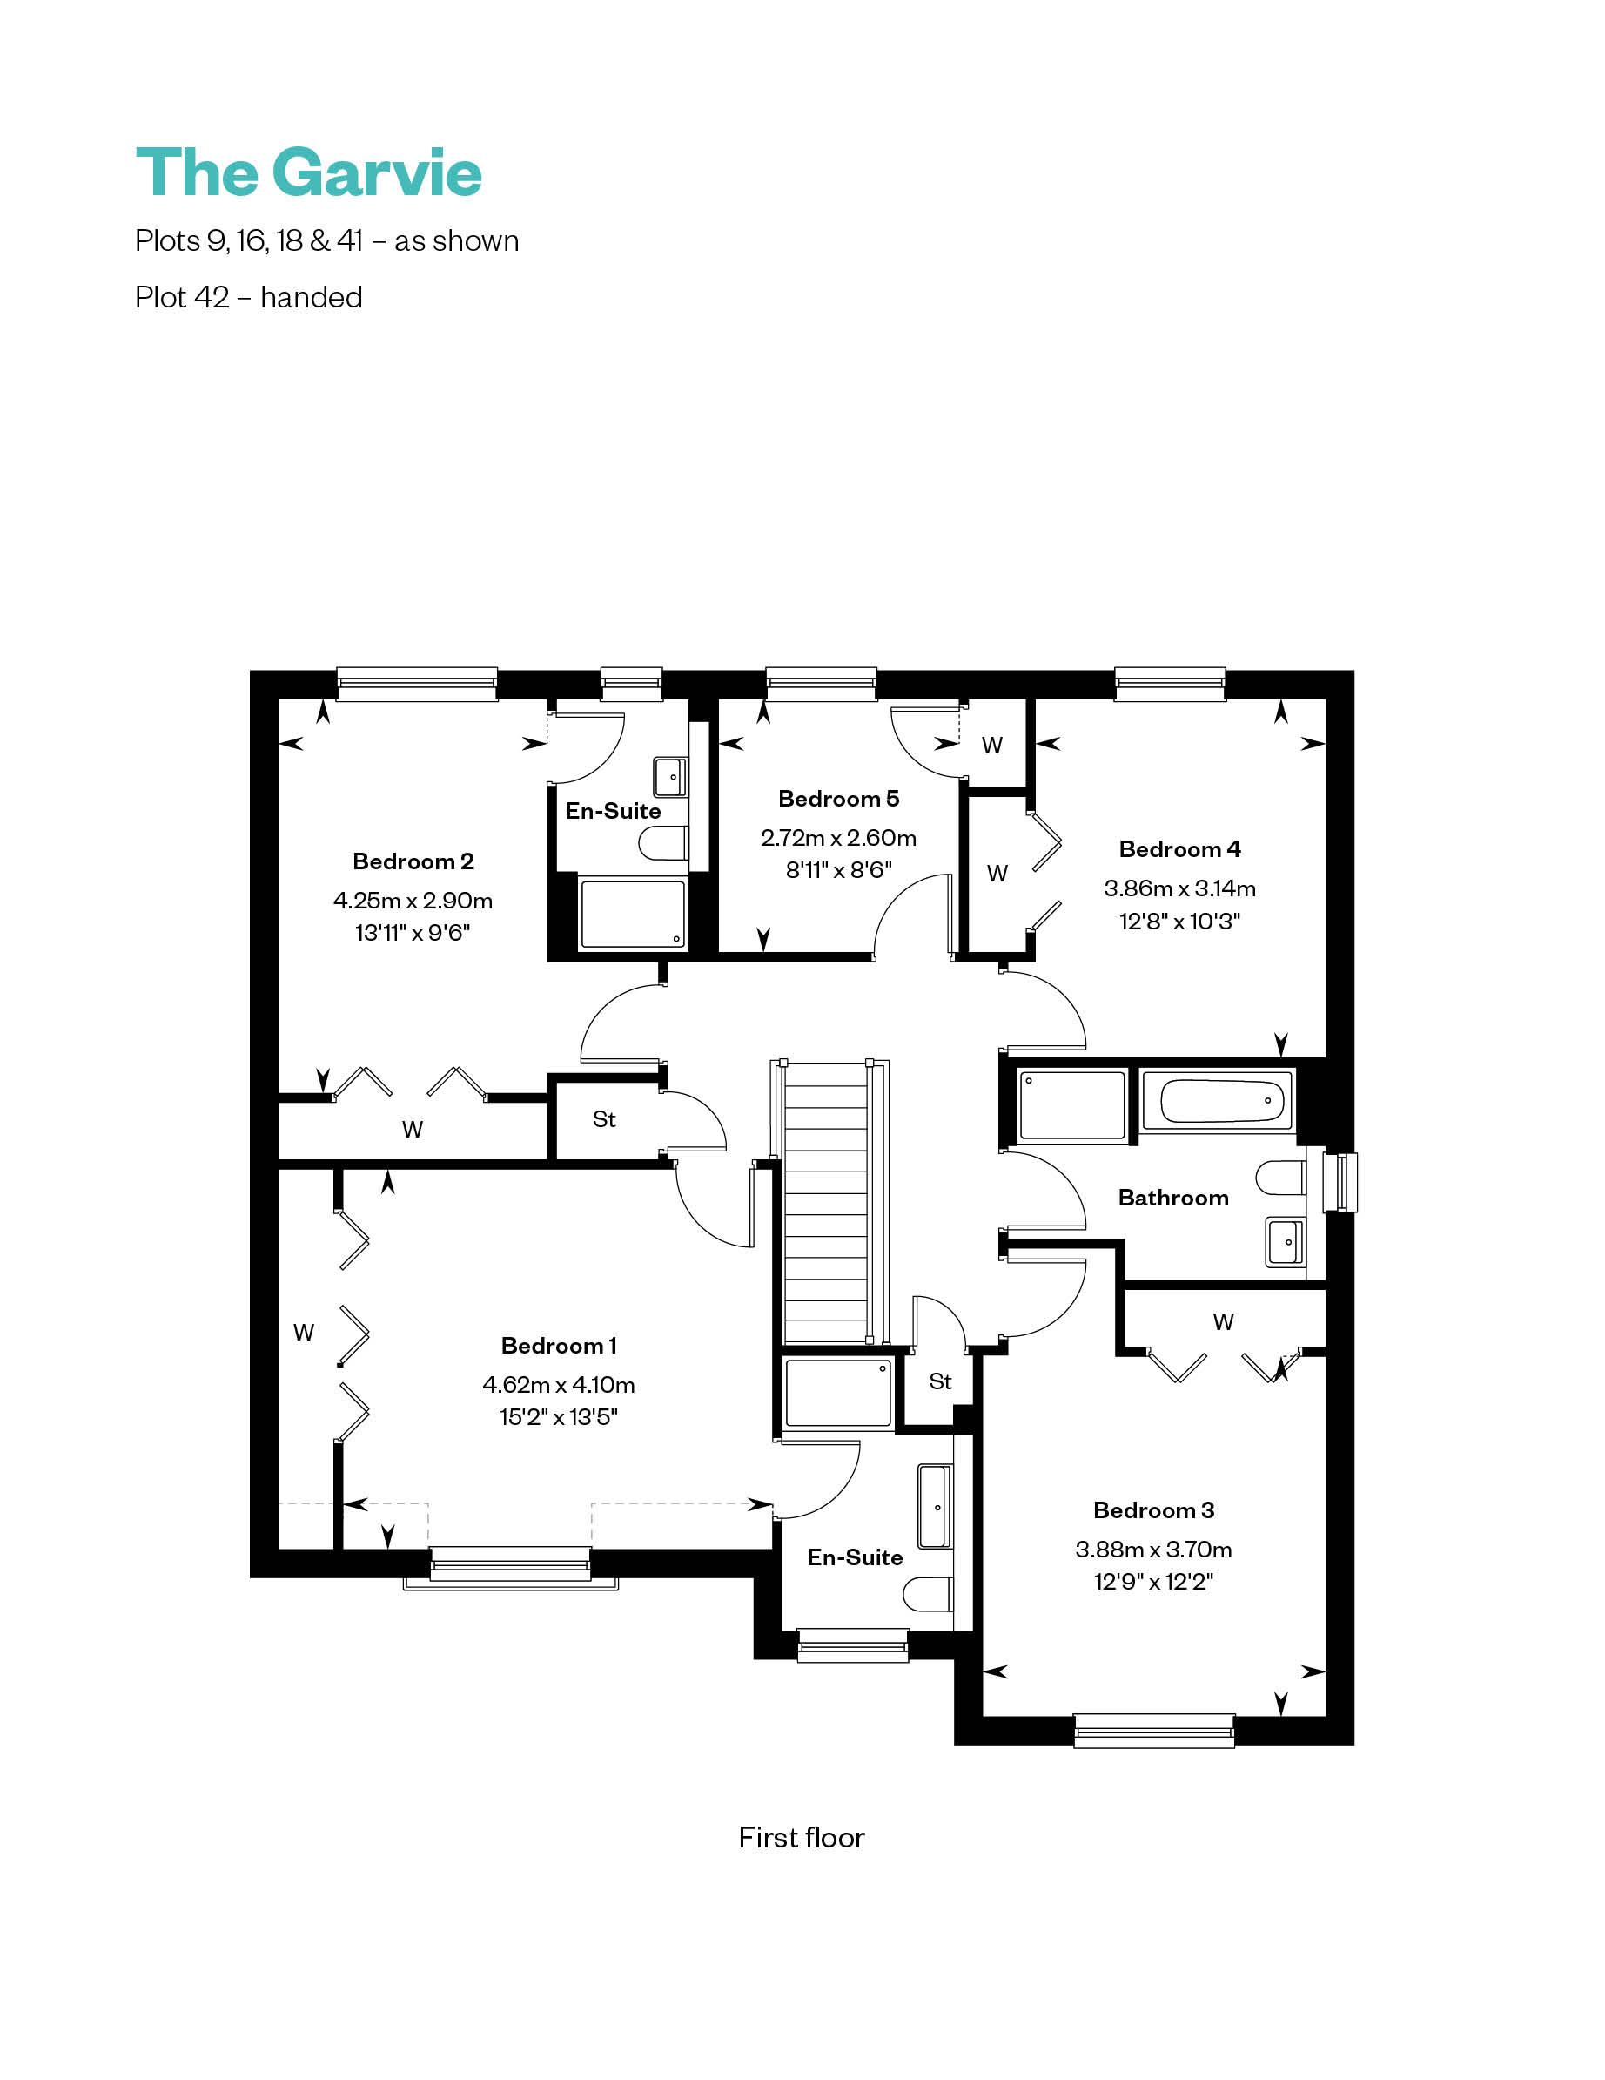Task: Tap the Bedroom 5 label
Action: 837,798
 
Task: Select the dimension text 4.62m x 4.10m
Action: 558,1384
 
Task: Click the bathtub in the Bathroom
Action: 1217,1101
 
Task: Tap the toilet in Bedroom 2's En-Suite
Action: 662,843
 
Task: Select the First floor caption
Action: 802,1837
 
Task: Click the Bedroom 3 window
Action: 1154,1731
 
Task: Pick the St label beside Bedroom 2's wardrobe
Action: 605,1119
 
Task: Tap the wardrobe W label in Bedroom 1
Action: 304,1333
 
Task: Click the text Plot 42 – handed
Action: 248,297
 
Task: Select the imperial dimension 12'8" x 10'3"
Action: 1179,921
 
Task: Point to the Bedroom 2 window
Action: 417,684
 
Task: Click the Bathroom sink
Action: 1286,1242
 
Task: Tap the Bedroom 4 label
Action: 1179,848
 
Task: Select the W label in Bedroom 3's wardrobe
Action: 1223,1322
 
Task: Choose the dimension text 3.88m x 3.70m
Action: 1154,1550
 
